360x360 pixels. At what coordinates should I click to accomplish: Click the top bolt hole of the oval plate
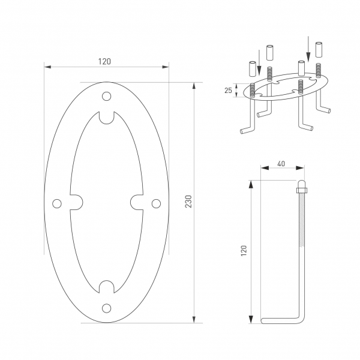click(107, 96)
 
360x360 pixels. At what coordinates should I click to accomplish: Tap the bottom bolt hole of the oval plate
click(107, 308)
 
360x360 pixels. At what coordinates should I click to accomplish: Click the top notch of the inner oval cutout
click(107, 117)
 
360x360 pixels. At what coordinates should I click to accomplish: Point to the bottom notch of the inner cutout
click(107, 287)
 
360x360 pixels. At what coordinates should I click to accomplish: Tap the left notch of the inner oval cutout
click(77, 203)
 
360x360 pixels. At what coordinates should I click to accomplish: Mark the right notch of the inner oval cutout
click(136, 203)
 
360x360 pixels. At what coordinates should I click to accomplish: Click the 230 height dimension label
click(188, 202)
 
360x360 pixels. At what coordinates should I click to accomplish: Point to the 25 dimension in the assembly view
click(227, 90)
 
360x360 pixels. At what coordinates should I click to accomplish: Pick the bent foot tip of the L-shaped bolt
click(264, 320)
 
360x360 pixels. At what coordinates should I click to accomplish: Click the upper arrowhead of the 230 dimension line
click(193, 85)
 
